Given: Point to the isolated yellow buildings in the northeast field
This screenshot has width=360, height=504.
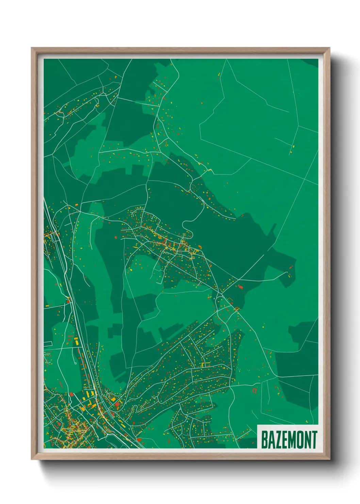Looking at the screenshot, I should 293,147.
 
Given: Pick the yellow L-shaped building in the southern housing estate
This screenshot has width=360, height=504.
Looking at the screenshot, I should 205,364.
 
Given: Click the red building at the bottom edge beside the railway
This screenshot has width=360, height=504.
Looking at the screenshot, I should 139,440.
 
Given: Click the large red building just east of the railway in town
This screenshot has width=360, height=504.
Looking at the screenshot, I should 117,404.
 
